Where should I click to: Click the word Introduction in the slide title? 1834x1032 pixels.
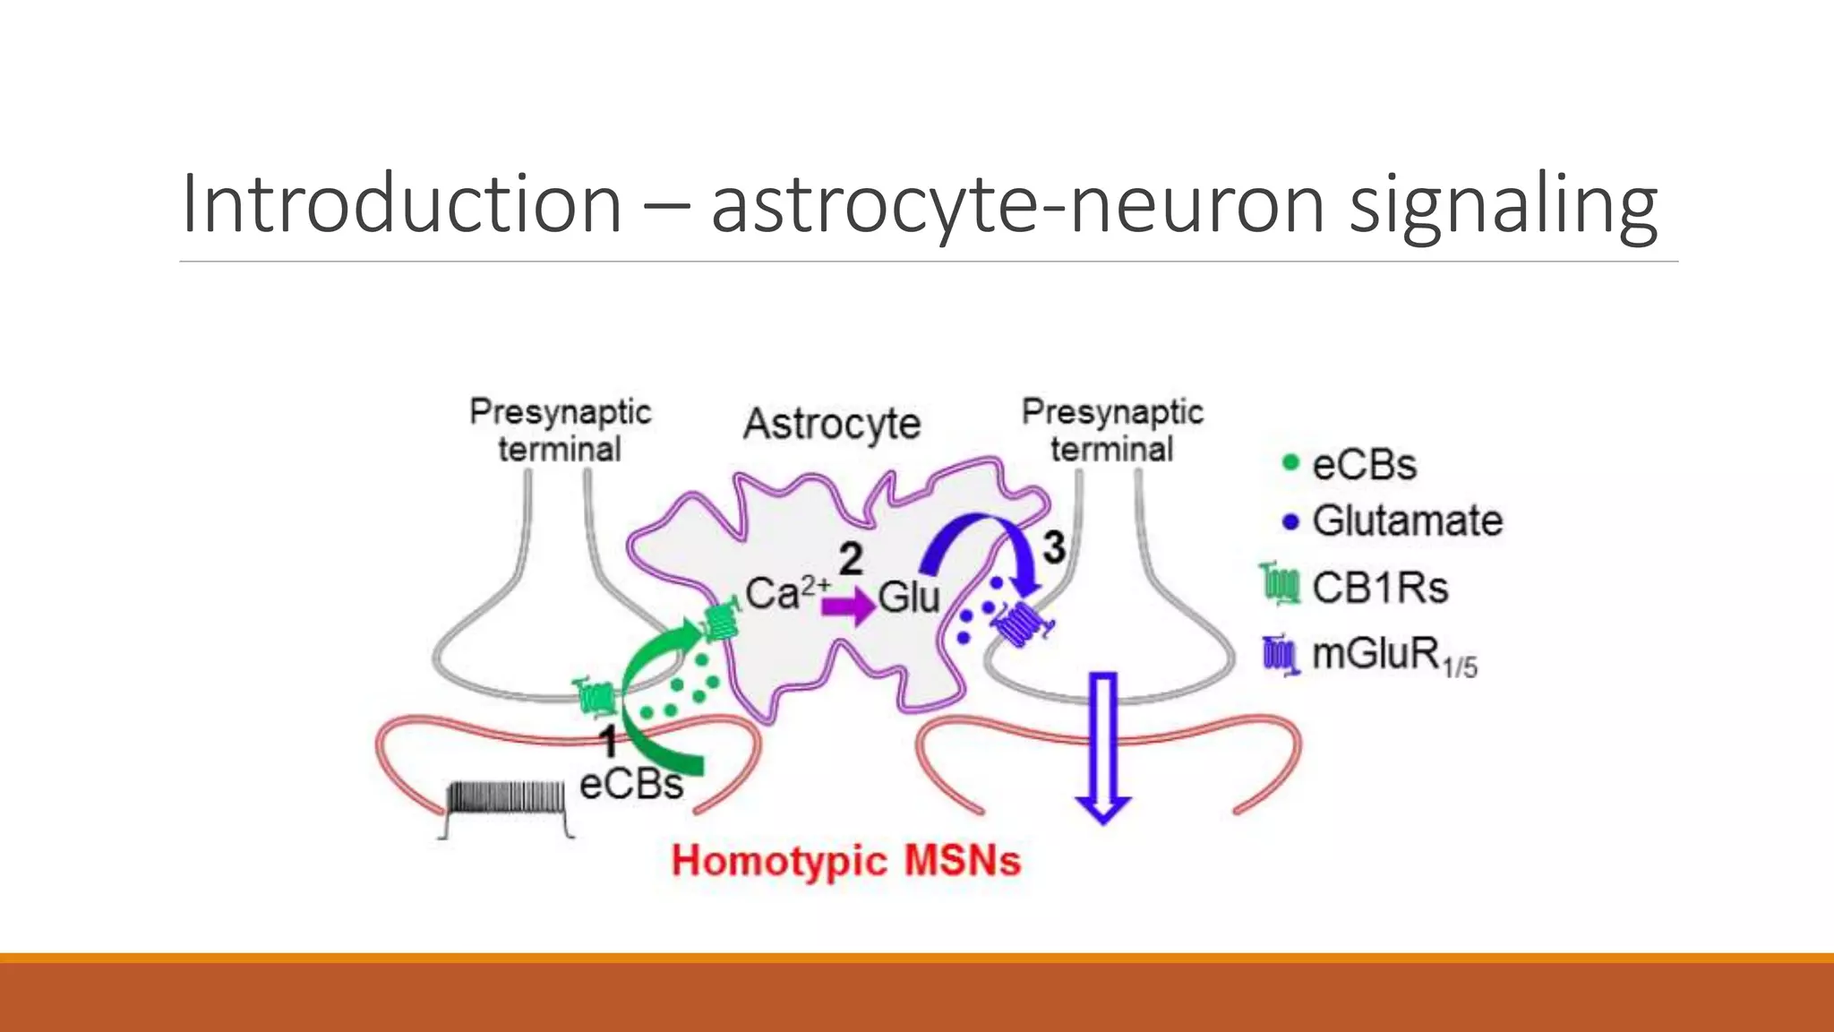(x=401, y=204)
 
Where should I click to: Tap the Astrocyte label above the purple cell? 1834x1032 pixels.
(x=832, y=424)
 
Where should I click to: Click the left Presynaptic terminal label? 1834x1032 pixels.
(x=560, y=430)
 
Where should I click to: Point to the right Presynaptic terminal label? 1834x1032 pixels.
(x=1112, y=430)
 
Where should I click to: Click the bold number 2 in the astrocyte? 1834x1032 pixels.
(x=851, y=559)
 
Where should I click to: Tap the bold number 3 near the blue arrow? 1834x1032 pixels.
(x=1054, y=547)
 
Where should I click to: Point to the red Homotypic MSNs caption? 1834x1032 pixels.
(x=846, y=861)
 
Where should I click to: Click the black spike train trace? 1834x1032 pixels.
(x=507, y=803)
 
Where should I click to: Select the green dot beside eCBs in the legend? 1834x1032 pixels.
(x=1290, y=462)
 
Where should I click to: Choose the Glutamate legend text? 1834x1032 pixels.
(x=1407, y=521)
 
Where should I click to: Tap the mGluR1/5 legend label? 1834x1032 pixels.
(x=1393, y=656)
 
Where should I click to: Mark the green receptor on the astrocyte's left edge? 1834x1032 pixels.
(x=720, y=621)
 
